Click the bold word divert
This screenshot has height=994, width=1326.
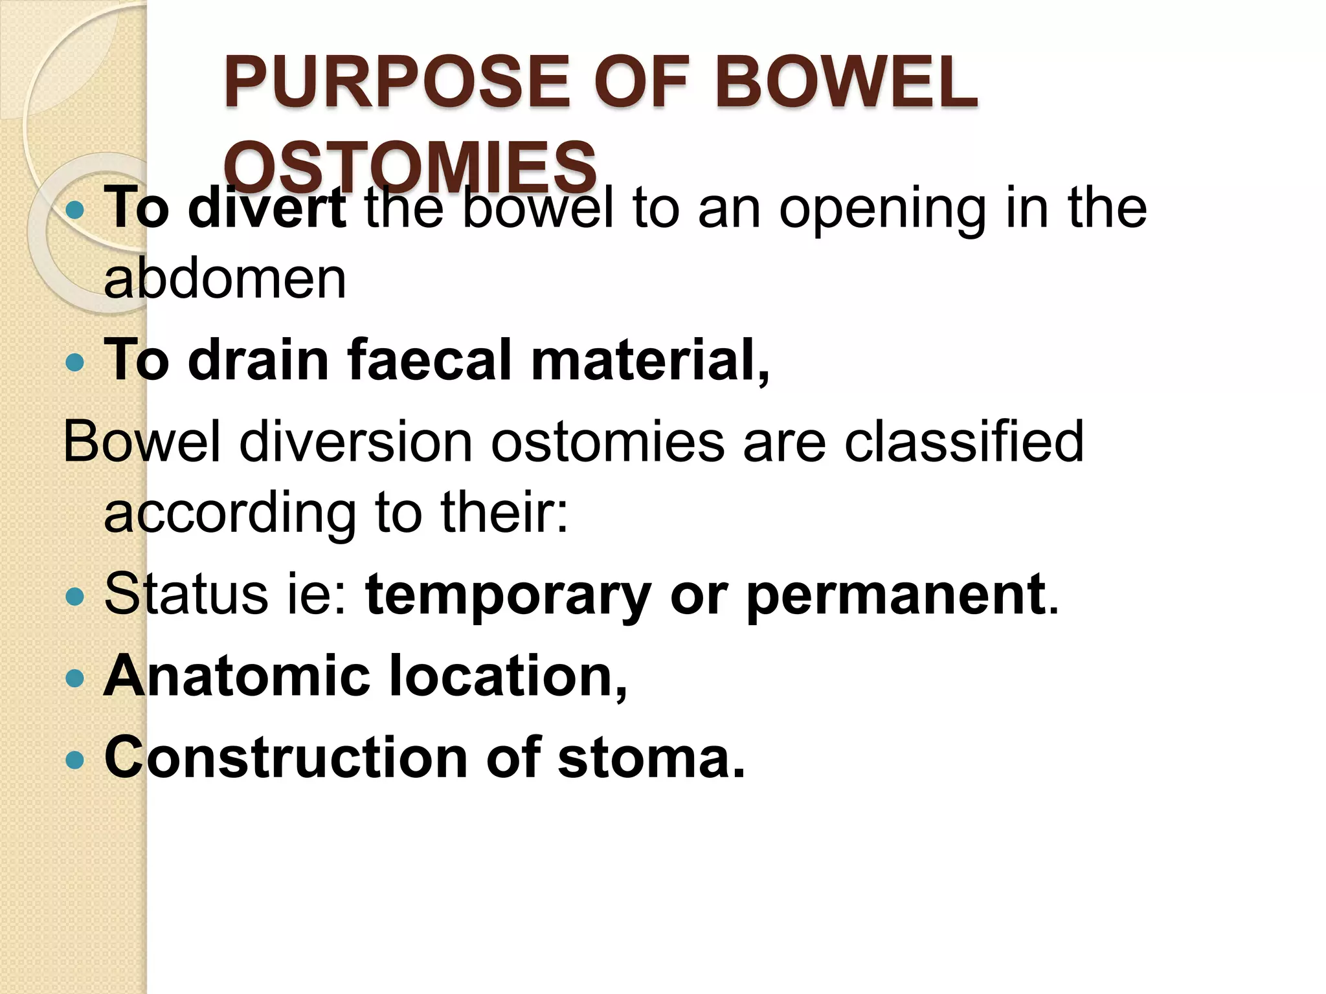267,208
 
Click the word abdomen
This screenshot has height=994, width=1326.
225,280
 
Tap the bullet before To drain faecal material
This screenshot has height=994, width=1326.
76,362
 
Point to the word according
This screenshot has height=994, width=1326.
230,513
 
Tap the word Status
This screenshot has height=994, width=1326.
185,594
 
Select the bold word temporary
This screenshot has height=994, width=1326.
508,595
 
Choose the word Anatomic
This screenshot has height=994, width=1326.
237,676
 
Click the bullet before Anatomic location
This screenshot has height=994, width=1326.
76,678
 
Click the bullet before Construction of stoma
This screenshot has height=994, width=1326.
76,759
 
